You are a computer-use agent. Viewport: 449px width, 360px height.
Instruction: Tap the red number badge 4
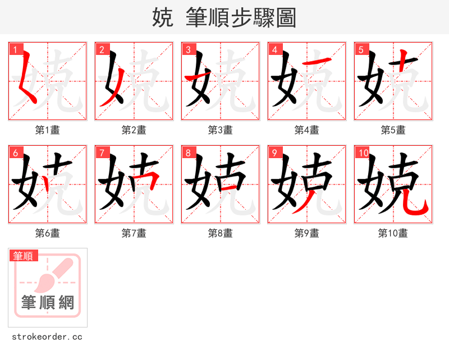pos(274,49)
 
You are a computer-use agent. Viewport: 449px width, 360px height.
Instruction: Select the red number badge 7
pos(102,153)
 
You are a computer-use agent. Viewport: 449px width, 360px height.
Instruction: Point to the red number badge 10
pos(363,153)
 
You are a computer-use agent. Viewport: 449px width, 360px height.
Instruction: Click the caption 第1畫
pos(47,130)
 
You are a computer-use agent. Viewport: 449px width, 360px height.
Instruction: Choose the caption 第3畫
pos(220,130)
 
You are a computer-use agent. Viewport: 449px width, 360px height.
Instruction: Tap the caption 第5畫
pos(393,130)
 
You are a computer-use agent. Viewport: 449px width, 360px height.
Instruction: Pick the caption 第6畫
pos(47,233)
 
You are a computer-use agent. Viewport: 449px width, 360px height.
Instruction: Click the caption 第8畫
pos(220,233)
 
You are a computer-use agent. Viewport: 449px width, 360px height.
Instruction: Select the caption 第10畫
pos(393,233)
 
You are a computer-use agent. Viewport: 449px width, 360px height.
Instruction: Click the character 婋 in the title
pos(162,17)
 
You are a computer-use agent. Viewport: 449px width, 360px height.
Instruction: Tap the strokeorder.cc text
pos(47,337)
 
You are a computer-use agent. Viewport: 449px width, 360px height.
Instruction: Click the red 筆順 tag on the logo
pos(24,256)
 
